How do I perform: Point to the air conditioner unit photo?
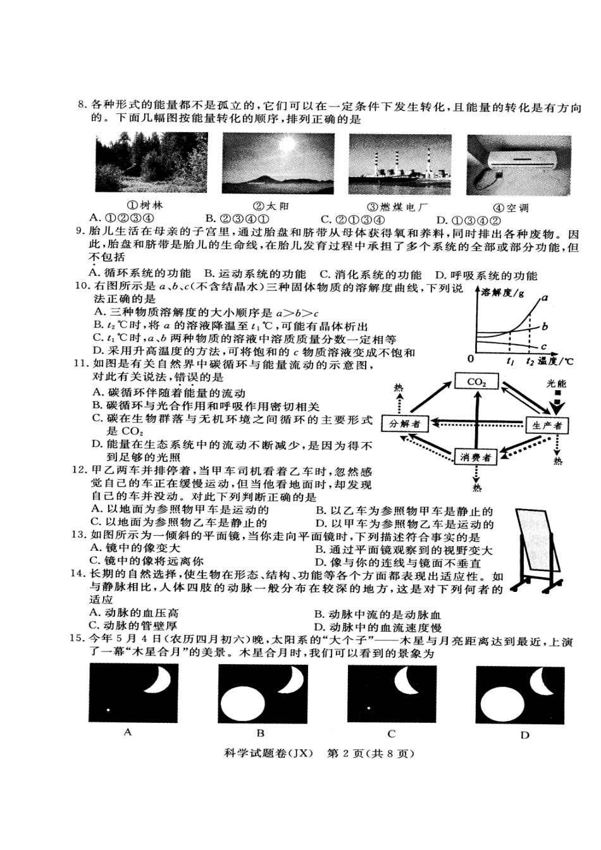point(518,164)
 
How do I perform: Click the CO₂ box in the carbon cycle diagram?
point(476,381)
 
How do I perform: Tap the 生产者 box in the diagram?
point(547,425)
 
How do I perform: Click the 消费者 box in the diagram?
point(476,457)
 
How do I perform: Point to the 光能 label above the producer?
point(557,385)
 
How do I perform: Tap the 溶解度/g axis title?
point(502,293)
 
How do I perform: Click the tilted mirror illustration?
point(537,551)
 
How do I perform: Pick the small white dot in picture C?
point(367,708)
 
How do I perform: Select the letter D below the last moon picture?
point(524,735)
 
